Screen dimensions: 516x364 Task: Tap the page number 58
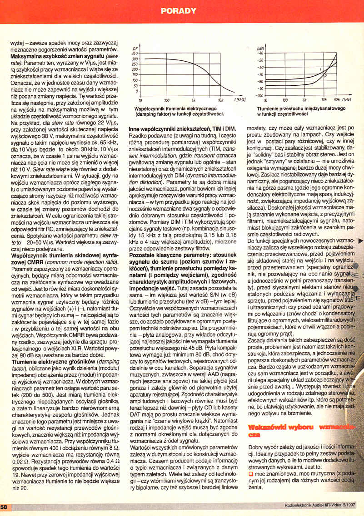coord(4,506)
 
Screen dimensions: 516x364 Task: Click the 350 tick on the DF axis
coord(135,54)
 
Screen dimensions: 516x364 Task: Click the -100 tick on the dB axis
coord(259,96)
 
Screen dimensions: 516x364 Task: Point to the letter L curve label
coord(321,69)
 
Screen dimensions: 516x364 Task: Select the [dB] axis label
coord(261,48)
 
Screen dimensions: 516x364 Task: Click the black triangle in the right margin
coord(360,241)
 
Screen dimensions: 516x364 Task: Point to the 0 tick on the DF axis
coord(137,91)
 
